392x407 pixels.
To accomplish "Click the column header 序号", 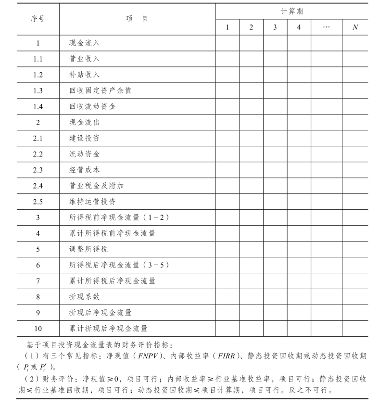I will pos(38,19).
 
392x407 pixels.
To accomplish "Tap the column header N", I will pos(355,27).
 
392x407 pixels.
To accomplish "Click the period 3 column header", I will pos(275,27).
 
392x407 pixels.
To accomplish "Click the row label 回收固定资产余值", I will pos(100,90).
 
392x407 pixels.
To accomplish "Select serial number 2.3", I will pos(38,170).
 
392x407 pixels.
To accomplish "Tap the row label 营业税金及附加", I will pos(96,186).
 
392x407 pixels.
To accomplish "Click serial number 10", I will pos(38,329).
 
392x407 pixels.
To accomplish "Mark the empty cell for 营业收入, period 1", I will pos(228,59).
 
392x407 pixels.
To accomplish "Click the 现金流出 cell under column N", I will pos(355,122).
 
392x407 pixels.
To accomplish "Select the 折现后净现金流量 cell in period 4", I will pos(299,313).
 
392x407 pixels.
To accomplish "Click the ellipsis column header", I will pos(326,27).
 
